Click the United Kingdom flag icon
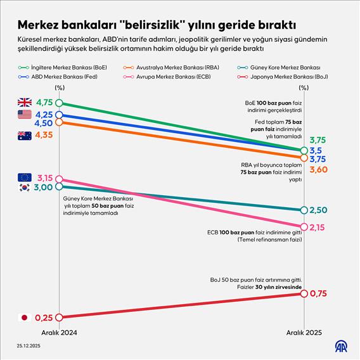click(x=24, y=103)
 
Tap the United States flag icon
click(x=24, y=115)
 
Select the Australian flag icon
click(x=24, y=135)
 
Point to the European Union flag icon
click(x=24, y=177)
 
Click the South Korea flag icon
click(x=24, y=188)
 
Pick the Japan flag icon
click(x=24, y=318)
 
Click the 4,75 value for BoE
click(x=43, y=103)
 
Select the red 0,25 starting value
click(x=43, y=318)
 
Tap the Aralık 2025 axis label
click(x=304, y=333)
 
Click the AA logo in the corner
click(x=342, y=347)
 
